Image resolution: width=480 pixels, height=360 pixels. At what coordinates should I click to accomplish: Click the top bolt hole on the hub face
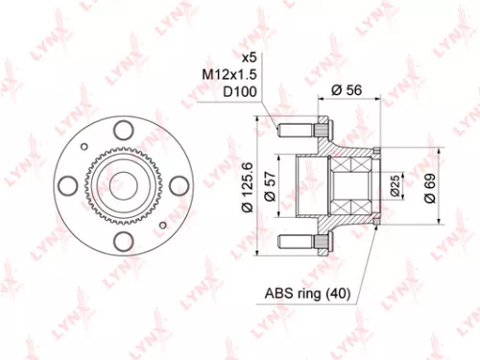[122, 131]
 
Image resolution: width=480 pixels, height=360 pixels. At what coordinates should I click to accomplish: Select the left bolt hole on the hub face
[68, 184]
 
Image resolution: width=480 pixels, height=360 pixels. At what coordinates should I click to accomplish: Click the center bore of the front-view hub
[122, 184]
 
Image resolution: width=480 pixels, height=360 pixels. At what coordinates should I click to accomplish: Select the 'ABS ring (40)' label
[301, 294]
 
